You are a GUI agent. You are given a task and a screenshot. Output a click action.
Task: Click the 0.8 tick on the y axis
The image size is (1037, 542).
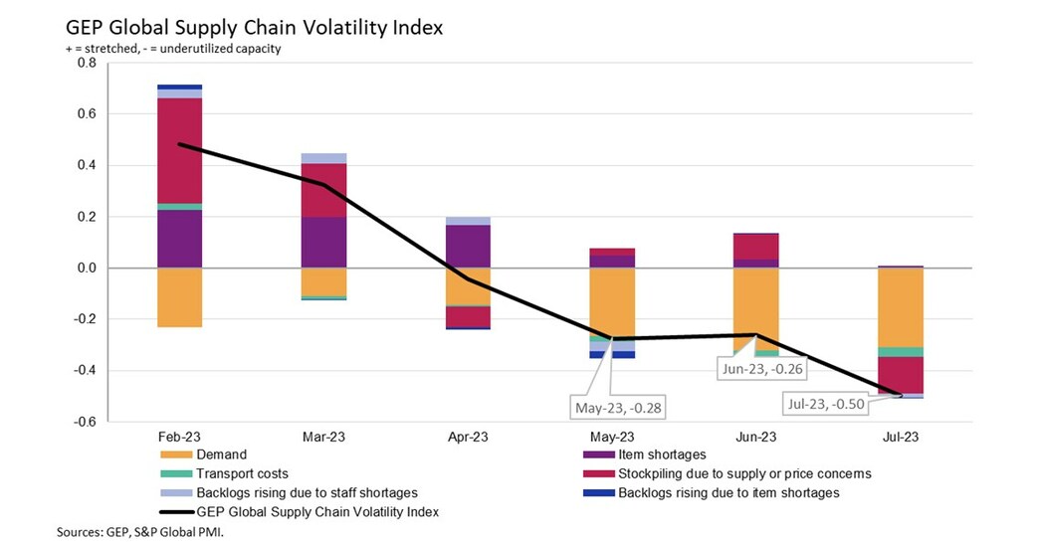point(86,63)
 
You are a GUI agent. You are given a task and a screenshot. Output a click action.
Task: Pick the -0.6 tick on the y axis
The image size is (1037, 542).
point(84,422)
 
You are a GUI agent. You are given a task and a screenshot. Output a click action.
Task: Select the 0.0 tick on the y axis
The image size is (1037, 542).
point(86,268)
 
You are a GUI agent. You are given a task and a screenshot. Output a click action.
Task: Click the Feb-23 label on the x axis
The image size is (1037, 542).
point(179,437)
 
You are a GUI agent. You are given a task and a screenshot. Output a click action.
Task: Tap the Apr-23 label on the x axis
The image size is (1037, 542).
point(468,437)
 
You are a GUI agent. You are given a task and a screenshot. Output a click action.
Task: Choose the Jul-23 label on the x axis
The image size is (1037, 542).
point(901,437)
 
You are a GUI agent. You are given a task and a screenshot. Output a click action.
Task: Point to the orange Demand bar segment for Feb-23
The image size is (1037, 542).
point(179,297)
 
